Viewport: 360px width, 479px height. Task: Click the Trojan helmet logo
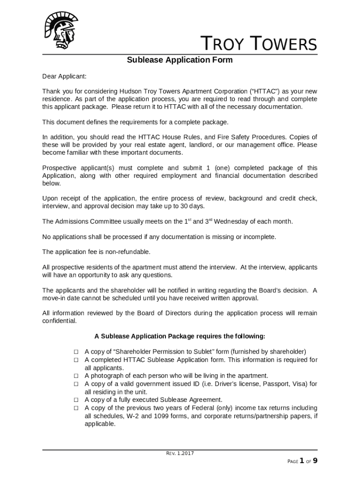point(61,30)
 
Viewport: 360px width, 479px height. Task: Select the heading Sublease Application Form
point(180,60)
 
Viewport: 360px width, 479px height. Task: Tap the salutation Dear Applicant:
point(64,76)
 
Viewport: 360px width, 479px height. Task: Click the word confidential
point(59,321)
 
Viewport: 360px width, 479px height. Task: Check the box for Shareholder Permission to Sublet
point(75,351)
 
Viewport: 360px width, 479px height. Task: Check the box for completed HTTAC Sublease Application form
point(75,360)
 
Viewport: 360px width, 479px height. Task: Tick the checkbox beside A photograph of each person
point(75,376)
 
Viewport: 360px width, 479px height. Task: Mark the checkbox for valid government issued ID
point(75,384)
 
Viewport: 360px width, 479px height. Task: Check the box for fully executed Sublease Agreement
point(75,400)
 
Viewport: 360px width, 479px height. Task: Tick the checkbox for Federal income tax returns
point(75,408)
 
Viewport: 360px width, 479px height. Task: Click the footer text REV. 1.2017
point(180,453)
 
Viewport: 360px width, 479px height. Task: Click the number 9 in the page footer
point(315,461)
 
